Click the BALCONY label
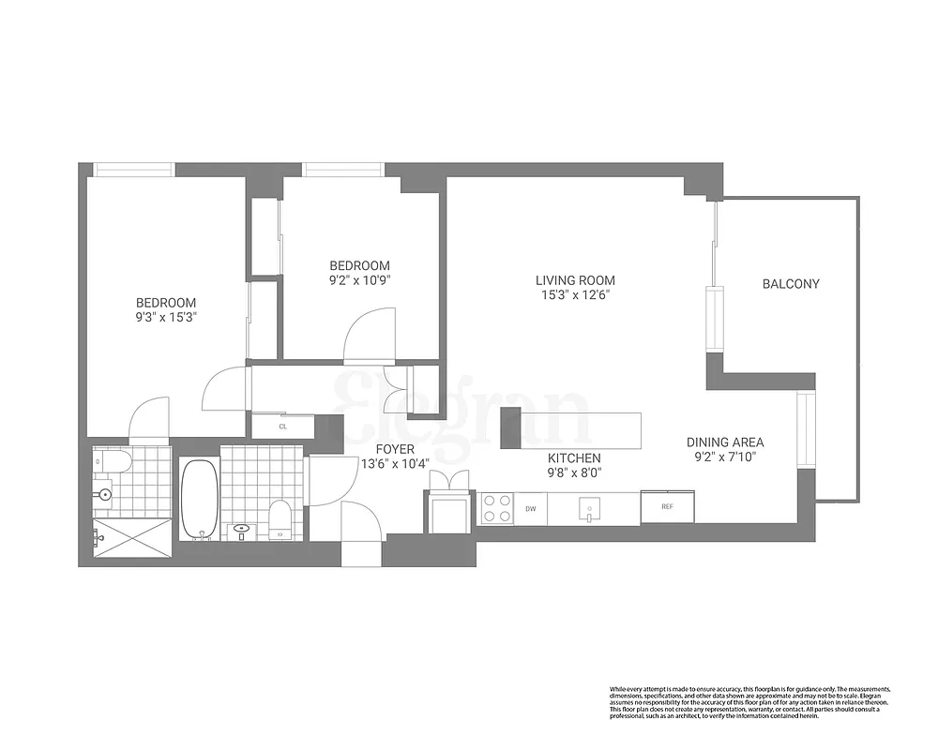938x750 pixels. pos(790,284)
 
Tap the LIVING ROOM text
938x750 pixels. pos(575,280)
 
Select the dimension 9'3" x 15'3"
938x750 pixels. pos(166,317)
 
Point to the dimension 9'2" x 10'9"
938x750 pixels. pos(358,279)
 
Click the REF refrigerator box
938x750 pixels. pos(667,507)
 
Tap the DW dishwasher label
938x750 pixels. pos(530,509)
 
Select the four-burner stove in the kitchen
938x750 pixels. pos(497,508)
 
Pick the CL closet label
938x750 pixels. pos(282,427)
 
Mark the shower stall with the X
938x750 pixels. pos(131,541)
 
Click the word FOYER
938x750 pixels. pos(395,450)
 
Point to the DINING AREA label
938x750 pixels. pos(724,442)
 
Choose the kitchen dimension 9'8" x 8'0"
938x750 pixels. pos(574,472)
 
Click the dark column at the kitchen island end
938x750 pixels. pos(510,428)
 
